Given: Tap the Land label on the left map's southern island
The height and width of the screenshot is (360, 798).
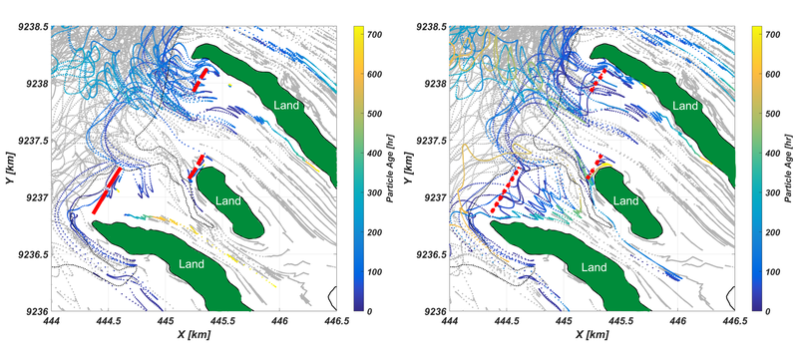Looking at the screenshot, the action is (x=195, y=266).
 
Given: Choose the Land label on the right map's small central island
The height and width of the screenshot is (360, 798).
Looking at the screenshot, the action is (x=624, y=201).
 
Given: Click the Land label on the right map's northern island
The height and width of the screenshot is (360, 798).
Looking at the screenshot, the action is (x=684, y=105).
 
